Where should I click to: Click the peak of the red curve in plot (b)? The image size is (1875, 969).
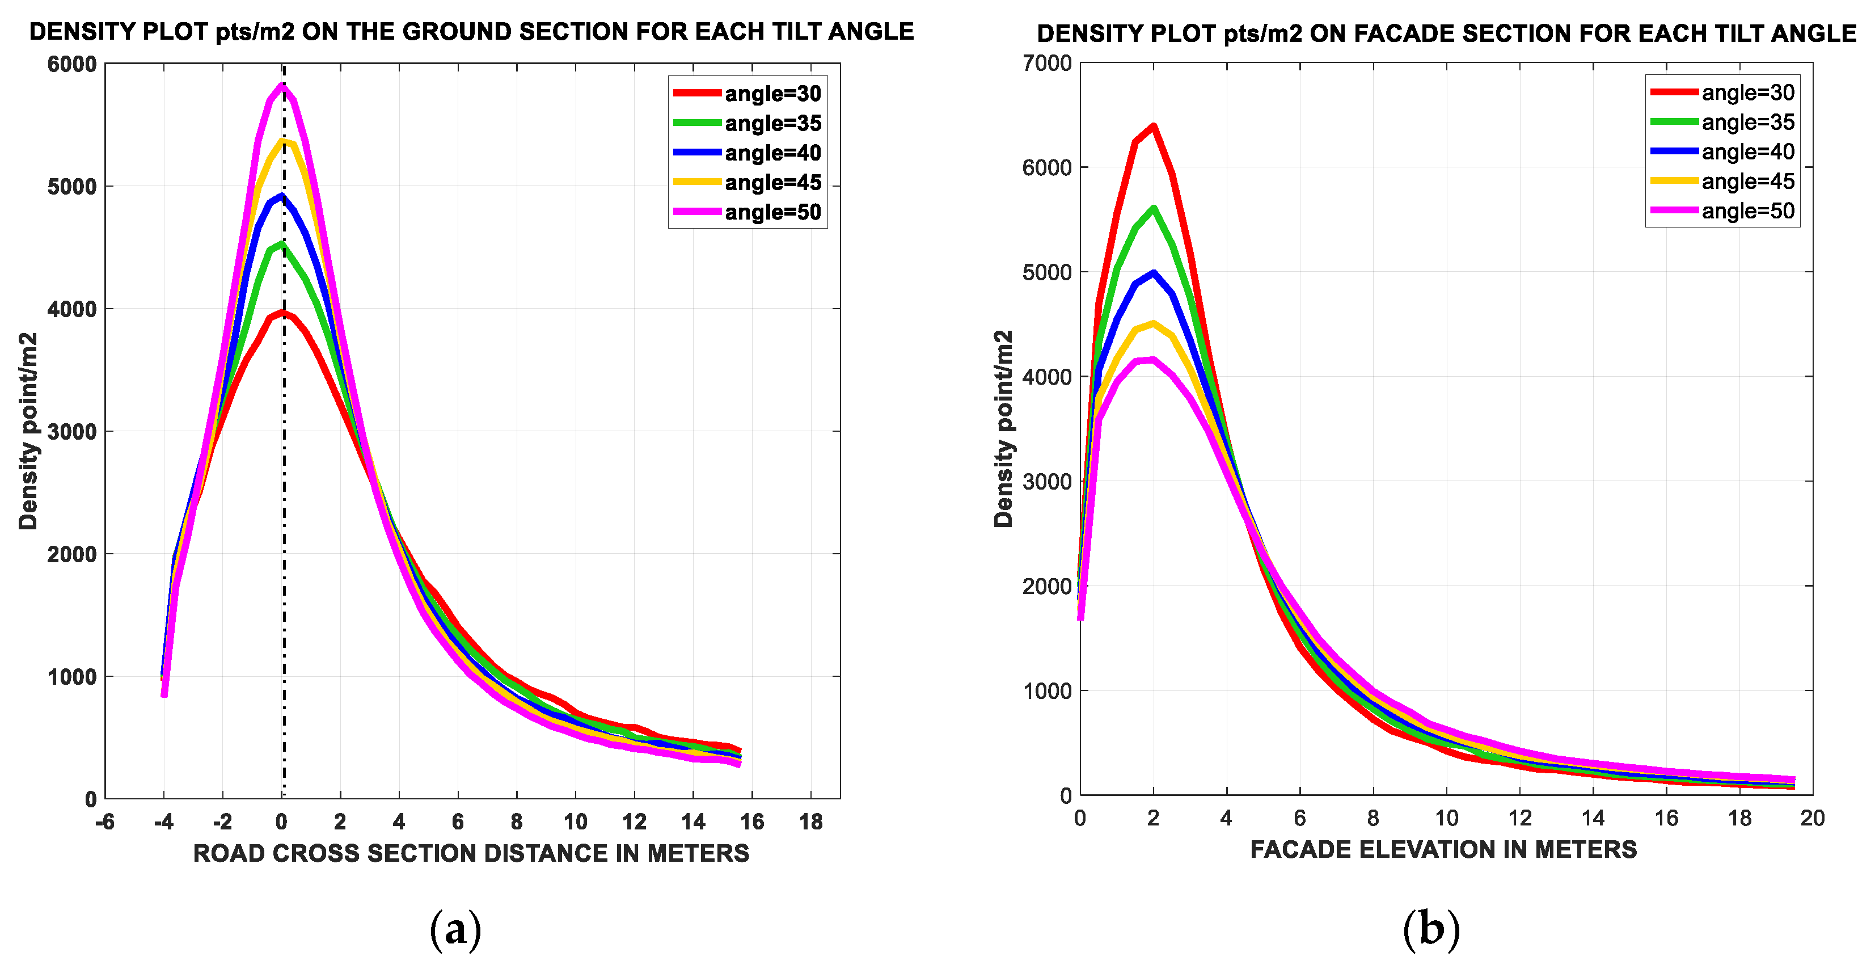tap(1153, 127)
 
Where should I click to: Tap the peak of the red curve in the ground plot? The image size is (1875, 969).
tap(282, 313)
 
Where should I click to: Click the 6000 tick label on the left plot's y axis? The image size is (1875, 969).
tap(72, 64)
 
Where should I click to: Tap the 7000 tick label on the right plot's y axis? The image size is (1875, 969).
tap(1047, 64)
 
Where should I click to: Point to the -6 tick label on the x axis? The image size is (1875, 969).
tap(105, 822)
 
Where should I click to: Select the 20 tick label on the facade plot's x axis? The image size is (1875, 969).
tap(1811, 818)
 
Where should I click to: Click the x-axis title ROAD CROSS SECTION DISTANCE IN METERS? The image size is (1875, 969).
tap(471, 853)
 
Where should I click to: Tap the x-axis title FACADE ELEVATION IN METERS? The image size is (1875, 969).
tap(1443, 850)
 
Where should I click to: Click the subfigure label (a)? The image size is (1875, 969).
tap(455, 930)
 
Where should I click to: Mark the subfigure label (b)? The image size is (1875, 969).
tap(1431, 930)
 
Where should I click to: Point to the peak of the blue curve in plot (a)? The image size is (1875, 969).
tap(282, 196)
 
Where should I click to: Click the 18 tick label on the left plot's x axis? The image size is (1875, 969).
tap(811, 822)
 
